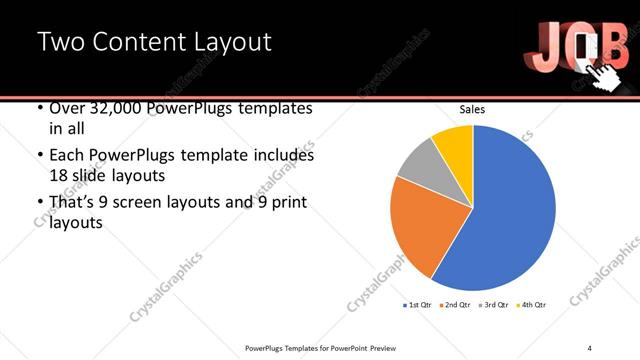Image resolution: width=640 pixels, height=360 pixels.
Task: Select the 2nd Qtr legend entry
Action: coord(456,304)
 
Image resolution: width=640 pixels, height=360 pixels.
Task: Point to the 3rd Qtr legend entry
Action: coord(495,304)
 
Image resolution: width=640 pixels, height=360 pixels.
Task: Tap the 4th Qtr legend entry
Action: coord(532,304)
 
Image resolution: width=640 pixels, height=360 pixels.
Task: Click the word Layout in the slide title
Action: coord(223,43)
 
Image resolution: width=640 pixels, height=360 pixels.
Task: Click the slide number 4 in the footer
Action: coord(590,348)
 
